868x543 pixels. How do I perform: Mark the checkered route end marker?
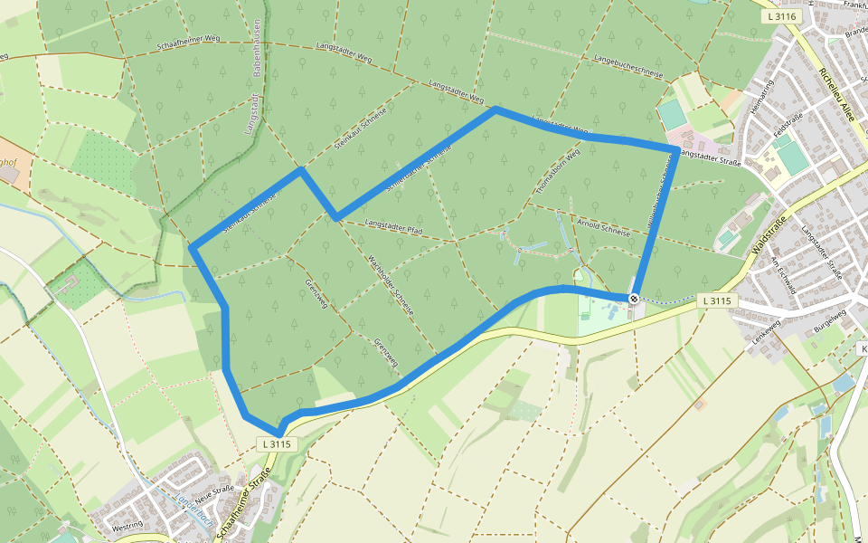[x=635, y=299]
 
